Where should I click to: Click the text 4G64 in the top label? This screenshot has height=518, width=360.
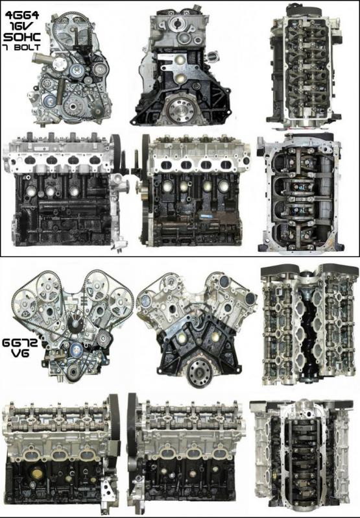[21, 16]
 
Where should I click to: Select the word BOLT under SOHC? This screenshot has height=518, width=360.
[27, 47]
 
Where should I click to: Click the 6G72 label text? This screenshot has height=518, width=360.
[20, 342]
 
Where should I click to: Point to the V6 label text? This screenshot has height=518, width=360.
[20, 354]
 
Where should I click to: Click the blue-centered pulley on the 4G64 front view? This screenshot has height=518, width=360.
[50, 101]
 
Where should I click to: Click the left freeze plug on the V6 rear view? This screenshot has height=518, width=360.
[182, 337]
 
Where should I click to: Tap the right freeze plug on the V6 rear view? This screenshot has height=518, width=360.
[215, 337]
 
